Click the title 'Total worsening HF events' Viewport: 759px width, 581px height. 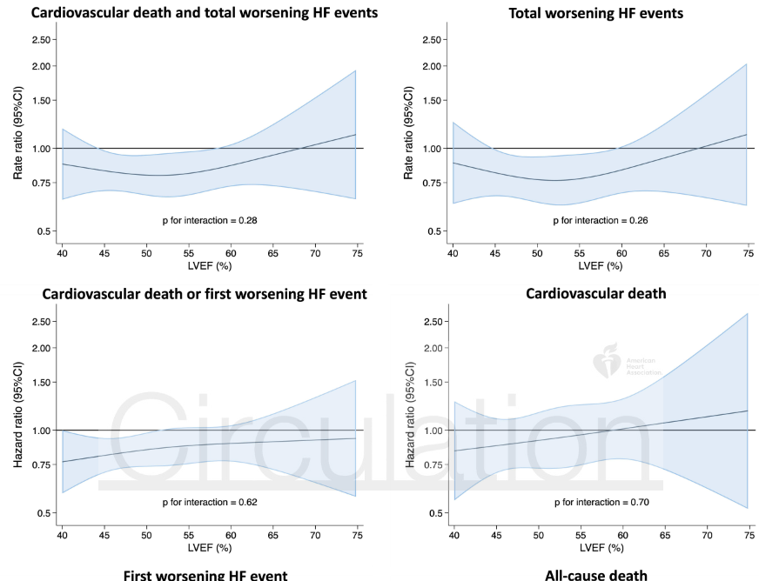(596, 13)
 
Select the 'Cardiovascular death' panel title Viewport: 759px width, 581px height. (596, 294)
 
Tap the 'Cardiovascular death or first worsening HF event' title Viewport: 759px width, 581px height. (205, 294)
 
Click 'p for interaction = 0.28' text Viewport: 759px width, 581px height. (210, 221)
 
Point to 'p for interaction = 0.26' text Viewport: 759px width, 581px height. (601, 221)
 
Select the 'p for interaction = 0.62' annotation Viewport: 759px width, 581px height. (210, 502)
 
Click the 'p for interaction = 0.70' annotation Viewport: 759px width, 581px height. (601, 502)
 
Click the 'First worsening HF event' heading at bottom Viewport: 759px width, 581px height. (205, 574)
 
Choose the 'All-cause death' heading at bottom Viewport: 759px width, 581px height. (596, 574)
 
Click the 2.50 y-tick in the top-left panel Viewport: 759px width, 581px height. (41, 40)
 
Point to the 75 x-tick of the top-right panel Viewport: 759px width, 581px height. (747, 251)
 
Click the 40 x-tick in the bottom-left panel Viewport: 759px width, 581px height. (62, 533)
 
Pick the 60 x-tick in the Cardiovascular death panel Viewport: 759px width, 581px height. (621, 533)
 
